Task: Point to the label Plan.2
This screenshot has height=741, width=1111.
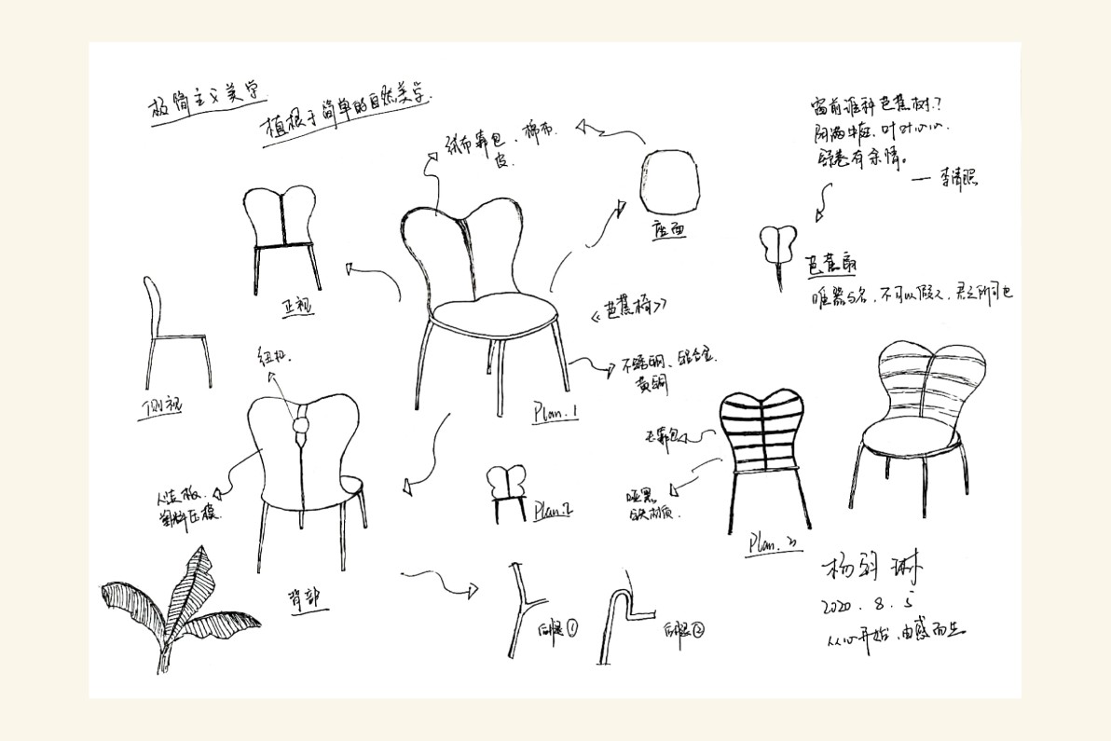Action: (553, 510)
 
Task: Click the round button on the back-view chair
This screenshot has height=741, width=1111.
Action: (301, 427)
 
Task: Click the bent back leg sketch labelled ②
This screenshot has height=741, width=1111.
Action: (618, 620)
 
